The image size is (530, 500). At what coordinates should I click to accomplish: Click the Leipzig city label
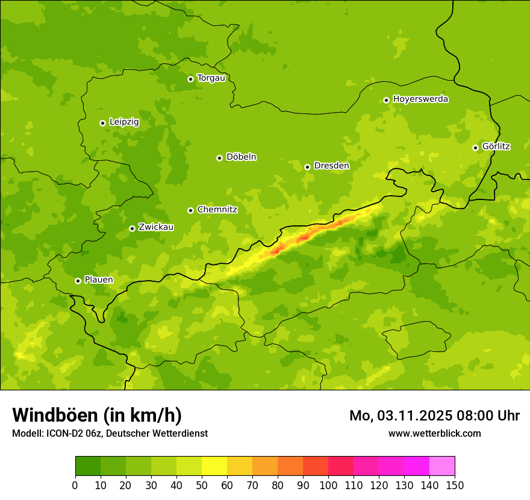pos(124,122)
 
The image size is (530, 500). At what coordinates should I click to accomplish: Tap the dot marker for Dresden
pos(307,167)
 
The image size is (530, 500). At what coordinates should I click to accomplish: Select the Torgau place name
pos(211,78)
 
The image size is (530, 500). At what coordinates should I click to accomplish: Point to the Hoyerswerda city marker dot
pos(386,100)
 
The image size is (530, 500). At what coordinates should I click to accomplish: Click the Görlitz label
pos(496,146)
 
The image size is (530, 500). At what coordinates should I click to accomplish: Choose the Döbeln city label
pos(241,157)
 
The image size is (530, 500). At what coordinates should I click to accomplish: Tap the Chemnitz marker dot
pos(190,210)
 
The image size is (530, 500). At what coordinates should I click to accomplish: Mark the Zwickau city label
pos(156,227)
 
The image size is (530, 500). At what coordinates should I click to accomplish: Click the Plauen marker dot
pos(78,281)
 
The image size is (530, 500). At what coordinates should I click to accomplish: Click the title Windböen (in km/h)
pos(97,415)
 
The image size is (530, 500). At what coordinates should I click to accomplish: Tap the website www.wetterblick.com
pos(434,433)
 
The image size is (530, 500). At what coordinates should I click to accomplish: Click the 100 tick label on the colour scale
pos(328,485)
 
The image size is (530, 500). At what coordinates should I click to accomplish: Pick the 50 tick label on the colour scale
pos(202,485)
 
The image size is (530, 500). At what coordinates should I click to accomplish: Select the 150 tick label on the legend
pos(455,485)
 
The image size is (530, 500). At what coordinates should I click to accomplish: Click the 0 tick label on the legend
pos(75,485)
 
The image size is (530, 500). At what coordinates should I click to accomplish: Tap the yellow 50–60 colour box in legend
pos(214,466)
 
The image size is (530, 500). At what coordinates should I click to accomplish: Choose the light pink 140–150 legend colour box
pos(442,466)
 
